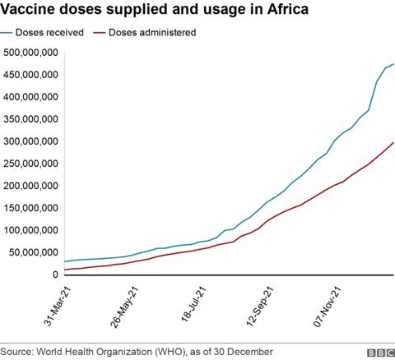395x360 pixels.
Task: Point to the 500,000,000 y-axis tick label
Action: pyautogui.click(x=30, y=52)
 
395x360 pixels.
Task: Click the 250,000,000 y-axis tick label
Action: pyautogui.click(x=30, y=164)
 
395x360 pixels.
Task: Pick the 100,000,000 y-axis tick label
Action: pyautogui.click(x=30, y=230)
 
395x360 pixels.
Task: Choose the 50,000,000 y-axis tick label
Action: pyautogui.click(x=32, y=252)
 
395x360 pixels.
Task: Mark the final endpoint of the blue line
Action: pyautogui.click(x=393, y=64)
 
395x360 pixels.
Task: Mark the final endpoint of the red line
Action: pyautogui.click(x=393, y=142)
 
